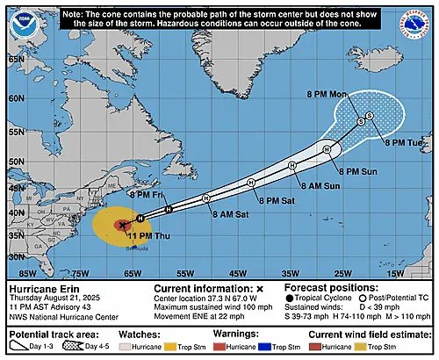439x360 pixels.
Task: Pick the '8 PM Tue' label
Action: coord(403,142)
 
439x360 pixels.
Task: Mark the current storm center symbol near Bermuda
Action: coord(121,225)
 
